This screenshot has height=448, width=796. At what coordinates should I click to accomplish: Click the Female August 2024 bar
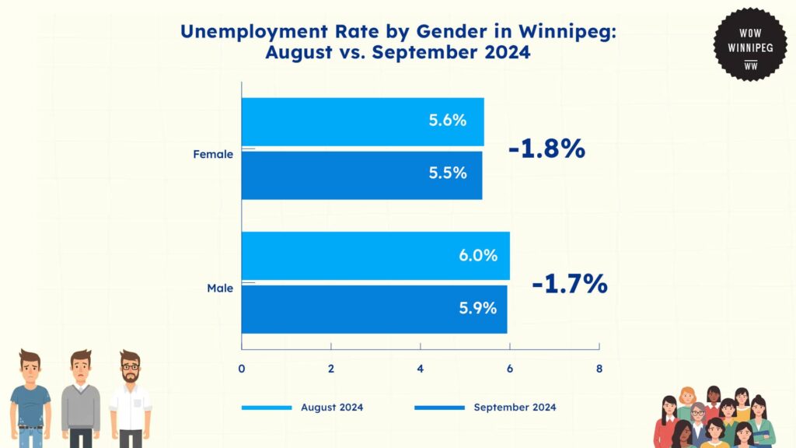362,121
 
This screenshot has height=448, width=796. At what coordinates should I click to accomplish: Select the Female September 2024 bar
361,174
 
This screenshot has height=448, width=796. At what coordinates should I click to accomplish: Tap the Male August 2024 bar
375,255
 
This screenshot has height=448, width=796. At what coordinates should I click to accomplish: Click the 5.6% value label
448,121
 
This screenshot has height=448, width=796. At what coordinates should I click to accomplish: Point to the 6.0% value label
478,255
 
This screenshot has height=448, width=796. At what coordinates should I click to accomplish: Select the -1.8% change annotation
546,149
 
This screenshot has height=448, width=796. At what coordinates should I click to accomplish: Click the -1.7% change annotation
570,284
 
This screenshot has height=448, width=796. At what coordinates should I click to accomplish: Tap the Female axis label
213,154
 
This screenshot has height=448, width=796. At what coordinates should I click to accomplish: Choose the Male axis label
220,289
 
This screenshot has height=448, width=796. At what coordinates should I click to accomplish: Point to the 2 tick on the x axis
331,368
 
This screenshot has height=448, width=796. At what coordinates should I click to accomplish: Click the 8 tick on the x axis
599,368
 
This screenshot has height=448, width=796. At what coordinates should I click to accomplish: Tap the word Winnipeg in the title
563,32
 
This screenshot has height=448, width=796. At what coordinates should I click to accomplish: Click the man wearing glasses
130,398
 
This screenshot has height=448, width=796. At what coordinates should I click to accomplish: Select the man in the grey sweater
81,398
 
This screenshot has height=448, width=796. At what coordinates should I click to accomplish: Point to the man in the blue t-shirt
31,398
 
